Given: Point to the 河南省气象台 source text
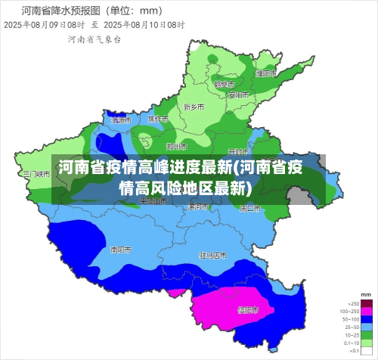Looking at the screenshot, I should pos(94,39).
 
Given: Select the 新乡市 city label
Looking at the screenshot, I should pos(194,107).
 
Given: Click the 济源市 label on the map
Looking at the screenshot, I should pos(121,120).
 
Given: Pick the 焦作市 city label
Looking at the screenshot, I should pos(158,119).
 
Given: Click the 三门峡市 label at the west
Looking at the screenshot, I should pos(36,173).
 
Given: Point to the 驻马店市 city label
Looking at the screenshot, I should pos(212,256).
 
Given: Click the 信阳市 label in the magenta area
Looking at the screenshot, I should pos(247,310).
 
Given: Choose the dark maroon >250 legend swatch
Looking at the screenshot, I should pos(367,302).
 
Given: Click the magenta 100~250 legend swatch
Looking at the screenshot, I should pos(367,312).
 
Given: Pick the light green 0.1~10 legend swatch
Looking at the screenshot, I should pos(367,343).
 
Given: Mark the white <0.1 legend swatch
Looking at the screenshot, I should pos(367,351).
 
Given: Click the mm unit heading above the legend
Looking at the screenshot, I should pos(366,293).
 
